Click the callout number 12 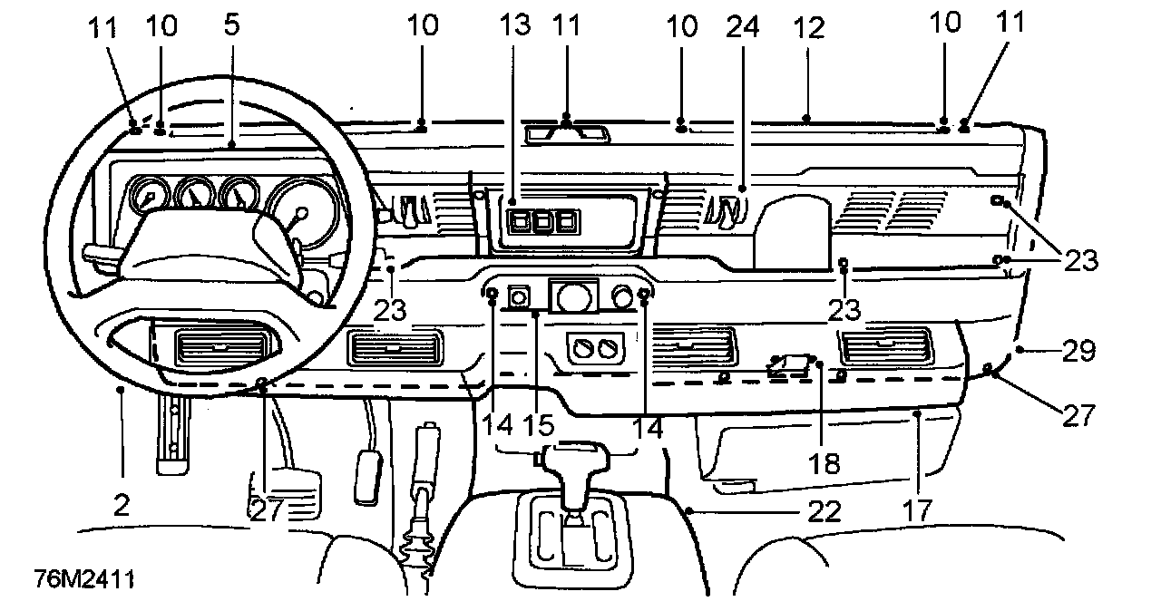[x=807, y=27]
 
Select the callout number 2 [x=121, y=504]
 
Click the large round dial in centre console [x=573, y=297]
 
